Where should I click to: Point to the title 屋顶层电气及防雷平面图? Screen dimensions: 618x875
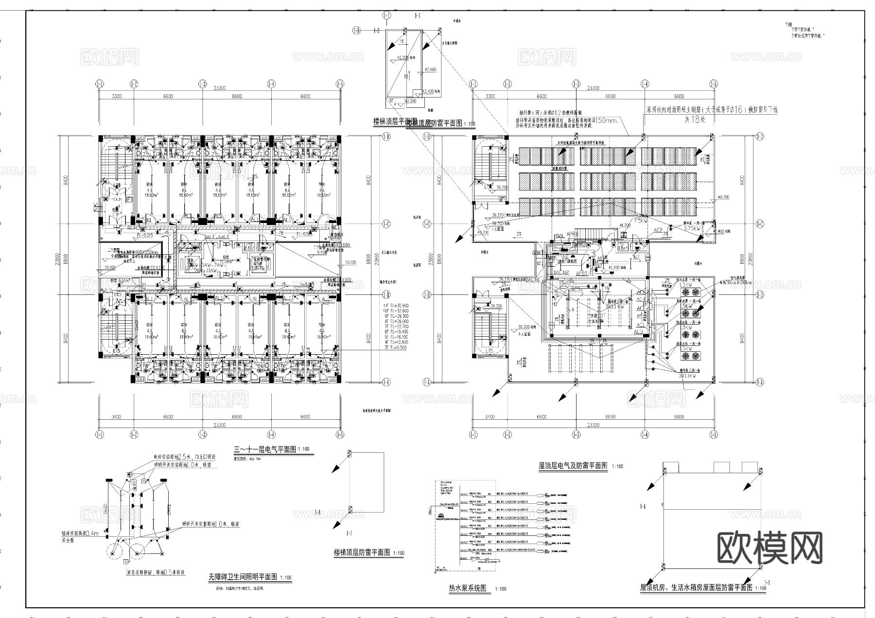pyautogui.click(x=573, y=465)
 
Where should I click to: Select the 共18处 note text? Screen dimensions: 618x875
pyautogui.click(x=694, y=120)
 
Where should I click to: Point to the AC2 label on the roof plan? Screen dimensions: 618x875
pyautogui.click(x=658, y=230)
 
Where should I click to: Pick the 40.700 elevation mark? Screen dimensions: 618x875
pyautogui.click(x=723, y=198)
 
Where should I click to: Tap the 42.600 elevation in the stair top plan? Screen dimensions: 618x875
pyautogui.click(x=430, y=69)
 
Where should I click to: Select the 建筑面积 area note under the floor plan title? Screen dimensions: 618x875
pyautogui.click(x=248, y=458)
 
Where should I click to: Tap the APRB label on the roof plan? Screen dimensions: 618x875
pyautogui.click(x=572, y=234)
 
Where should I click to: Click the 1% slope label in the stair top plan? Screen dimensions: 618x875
pyautogui.click(x=402, y=41)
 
